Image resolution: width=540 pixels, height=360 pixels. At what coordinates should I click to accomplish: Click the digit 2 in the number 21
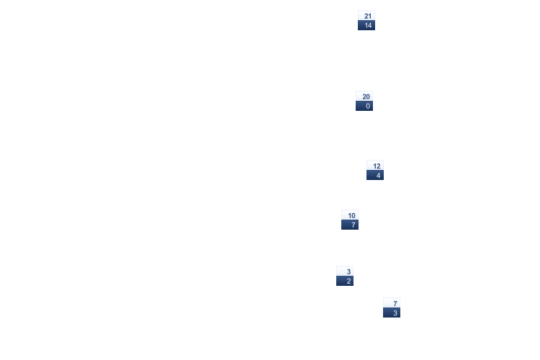366,16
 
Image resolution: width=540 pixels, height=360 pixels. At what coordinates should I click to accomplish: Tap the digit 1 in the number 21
370,16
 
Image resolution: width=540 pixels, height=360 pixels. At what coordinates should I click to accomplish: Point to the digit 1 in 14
366,25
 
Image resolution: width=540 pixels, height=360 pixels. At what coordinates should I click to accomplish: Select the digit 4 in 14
369,25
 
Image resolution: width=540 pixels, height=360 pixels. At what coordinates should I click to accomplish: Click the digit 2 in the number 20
364,96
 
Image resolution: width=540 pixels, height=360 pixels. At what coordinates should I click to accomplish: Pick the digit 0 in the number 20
368,96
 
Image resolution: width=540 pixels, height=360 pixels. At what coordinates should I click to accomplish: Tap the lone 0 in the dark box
368,106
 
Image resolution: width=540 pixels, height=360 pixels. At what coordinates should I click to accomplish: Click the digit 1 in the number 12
374,166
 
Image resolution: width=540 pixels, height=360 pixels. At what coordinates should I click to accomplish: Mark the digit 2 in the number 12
379,166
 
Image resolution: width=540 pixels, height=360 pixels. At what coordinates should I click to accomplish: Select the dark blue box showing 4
375,175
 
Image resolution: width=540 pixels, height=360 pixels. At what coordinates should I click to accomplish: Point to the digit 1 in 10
349,216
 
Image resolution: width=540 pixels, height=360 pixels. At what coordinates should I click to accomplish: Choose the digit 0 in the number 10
354,216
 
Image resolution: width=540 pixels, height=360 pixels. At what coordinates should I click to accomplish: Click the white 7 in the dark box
354,225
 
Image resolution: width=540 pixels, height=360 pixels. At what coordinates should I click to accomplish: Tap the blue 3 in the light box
348,272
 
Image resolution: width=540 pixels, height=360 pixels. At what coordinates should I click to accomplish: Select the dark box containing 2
345,281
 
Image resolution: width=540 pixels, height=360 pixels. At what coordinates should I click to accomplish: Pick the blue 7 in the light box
395,304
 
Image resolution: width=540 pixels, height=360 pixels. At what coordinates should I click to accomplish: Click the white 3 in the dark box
395,313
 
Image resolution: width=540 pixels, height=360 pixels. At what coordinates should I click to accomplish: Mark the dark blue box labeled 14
366,25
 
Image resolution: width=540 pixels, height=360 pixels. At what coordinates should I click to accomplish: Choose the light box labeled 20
364,96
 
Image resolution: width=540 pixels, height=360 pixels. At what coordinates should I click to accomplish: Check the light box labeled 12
375,166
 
